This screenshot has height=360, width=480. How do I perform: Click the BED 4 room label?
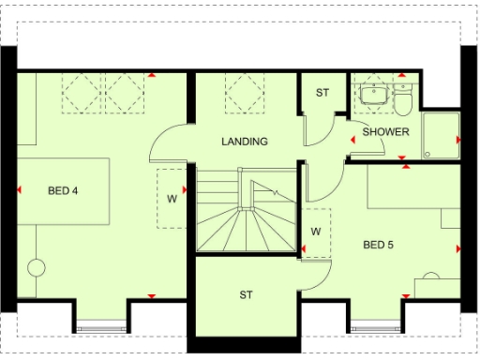[x=63, y=191]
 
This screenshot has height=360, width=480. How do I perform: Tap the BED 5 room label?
[x=379, y=246]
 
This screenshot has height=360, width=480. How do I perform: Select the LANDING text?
[x=245, y=142]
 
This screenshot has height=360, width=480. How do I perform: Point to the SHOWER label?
[x=385, y=132]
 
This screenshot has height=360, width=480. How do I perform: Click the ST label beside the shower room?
[x=322, y=93]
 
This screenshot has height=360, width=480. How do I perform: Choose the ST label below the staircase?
[x=246, y=294]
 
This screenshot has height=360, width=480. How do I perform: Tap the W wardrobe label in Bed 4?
[x=172, y=198]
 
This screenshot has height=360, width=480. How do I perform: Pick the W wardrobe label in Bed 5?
[x=316, y=231]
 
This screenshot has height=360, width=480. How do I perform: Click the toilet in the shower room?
[x=402, y=98]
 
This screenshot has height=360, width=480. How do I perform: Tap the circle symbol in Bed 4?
[x=36, y=268]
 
